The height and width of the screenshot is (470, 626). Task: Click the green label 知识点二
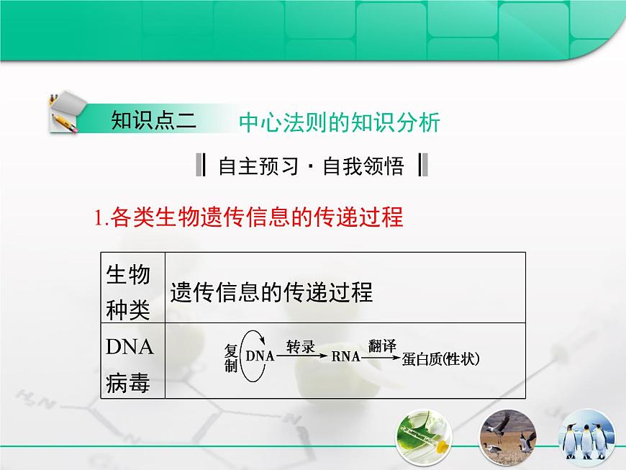[153, 120]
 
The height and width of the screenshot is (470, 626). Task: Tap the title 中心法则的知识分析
[339, 122]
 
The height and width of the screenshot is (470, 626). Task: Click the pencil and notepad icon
[65, 112]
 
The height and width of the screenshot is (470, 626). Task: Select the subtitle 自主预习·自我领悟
[311, 166]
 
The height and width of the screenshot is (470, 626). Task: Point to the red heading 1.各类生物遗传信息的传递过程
[249, 217]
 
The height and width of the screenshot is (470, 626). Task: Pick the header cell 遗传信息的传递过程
[271, 292]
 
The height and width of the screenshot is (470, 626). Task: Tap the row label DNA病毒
[130, 366]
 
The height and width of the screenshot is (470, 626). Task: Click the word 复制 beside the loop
[230, 358]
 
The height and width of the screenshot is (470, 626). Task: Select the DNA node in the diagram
[260, 356]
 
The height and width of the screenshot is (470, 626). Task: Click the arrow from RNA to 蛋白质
[381, 356]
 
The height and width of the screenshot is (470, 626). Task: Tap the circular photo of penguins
[589, 435]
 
